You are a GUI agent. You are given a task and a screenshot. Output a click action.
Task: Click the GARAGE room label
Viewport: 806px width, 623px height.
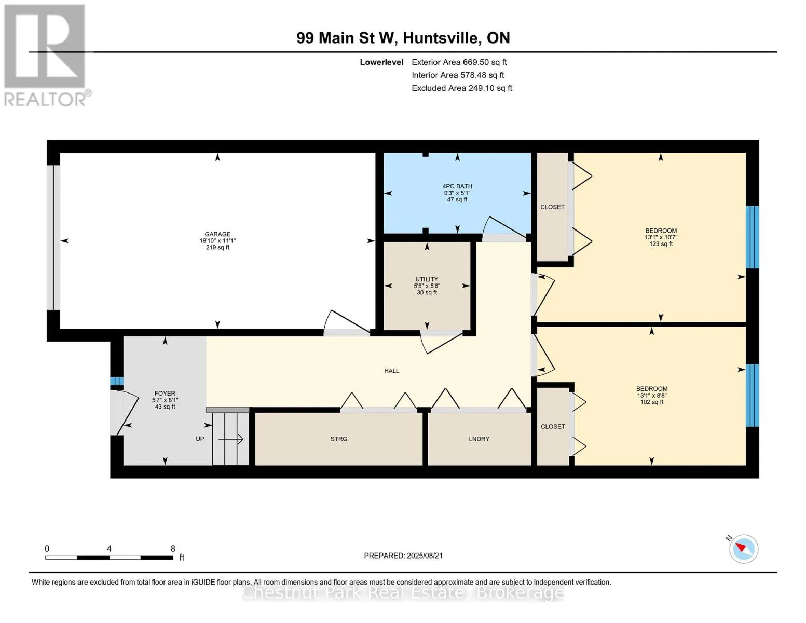pyautogui.click(x=217, y=235)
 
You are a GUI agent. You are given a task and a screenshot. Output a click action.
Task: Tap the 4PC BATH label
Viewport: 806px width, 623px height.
pyautogui.click(x=457, y=187)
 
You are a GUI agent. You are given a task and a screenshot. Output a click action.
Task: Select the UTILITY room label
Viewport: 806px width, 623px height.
pyautogui.click(x=427, y=280)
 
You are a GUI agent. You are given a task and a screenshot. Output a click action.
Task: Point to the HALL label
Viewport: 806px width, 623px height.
pyautogui.click(x=391, y=371)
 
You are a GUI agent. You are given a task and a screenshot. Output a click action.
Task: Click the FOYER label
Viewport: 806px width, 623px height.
pyautogui.click(x=165, y=394)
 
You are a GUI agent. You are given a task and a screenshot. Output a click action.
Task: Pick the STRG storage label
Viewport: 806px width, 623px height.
pyautogui.click(x=339, y=439)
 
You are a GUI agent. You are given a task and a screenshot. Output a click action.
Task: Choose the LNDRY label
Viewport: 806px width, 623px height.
pyautogui.click(x=479, y=439)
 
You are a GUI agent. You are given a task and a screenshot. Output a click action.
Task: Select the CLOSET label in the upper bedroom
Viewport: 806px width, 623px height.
pyautogui.click(x=552, y=207)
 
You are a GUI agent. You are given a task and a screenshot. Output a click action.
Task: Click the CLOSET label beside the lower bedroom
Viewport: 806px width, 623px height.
pyautogui.click(x=553, y=427)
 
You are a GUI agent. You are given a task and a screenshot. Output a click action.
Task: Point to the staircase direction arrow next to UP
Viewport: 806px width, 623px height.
pyautogui.click(x=231, y=440)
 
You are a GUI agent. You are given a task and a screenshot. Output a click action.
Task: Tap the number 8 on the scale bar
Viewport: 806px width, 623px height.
pyautogui.click(x=173, y=549)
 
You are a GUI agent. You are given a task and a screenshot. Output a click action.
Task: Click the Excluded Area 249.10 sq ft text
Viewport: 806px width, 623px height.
pyautogui.click(x=461, y=88)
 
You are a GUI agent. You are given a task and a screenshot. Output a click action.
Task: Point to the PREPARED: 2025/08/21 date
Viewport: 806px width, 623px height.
pyautogui.click(x=403, y=556)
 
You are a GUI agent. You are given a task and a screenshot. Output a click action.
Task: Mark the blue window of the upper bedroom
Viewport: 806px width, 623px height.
pyautogui.click(x=752, y=237)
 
